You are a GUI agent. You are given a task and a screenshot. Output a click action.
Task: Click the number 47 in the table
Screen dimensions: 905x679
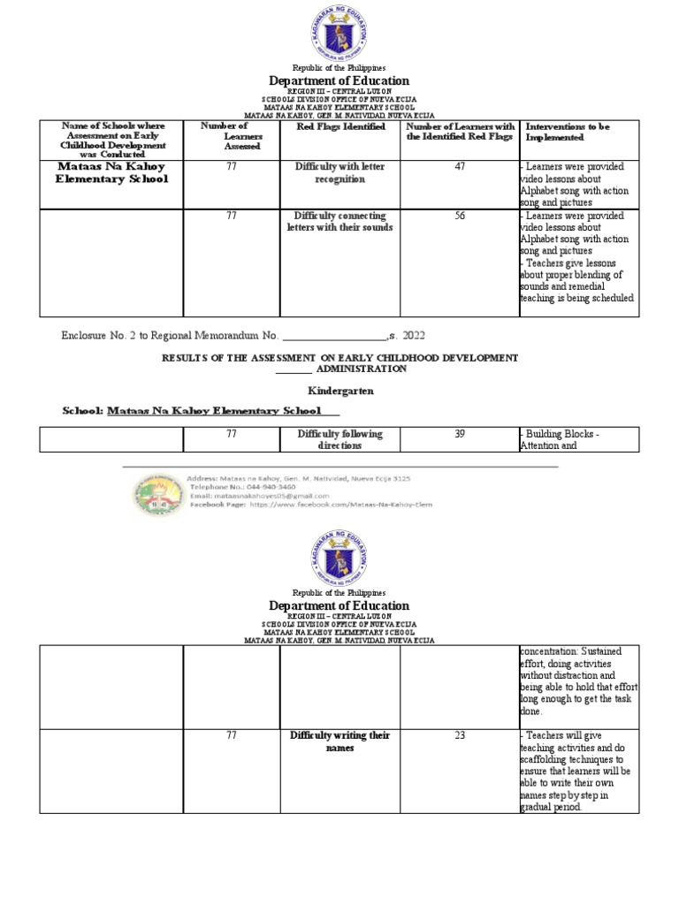pyautogui.click(x=459, y=167)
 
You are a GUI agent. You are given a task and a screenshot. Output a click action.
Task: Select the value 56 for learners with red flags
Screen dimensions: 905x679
pyautogui.click(x=459, y=216)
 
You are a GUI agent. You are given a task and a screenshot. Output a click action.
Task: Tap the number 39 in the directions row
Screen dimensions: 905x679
pyautogui.click(x=459, y=434)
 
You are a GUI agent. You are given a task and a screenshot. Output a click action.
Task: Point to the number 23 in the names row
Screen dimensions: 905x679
pyautogui.click(x=459, y=735)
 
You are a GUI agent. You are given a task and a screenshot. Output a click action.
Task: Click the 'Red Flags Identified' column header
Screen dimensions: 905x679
pyautogui.click(x=340, y=127)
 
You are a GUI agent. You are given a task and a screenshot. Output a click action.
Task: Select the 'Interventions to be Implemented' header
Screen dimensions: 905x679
pyautogui.click(x=567, y=133)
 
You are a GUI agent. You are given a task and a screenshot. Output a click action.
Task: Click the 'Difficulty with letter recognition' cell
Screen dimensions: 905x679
pyautogui.click(x=340, y=172)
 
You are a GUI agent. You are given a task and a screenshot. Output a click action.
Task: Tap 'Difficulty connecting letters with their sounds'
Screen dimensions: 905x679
pyautogui.click(x=340, y=221)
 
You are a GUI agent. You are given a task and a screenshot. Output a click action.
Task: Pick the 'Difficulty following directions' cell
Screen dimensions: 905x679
pyautogui.click(x=340, y=439)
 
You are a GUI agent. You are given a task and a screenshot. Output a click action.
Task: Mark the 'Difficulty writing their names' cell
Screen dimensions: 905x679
pyautogui.click(x=340, y=741)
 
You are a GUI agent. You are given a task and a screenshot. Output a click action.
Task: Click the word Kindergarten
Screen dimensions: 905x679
pyautogui.click(x=339, y=390)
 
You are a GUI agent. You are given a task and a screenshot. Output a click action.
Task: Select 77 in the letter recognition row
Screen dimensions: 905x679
pyautogui.click(x=231, y=167)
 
